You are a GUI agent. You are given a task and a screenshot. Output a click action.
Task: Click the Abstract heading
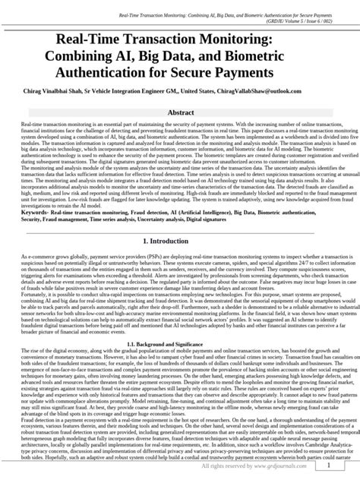(179, 112)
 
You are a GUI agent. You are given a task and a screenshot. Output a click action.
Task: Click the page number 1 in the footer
(326, 470)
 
